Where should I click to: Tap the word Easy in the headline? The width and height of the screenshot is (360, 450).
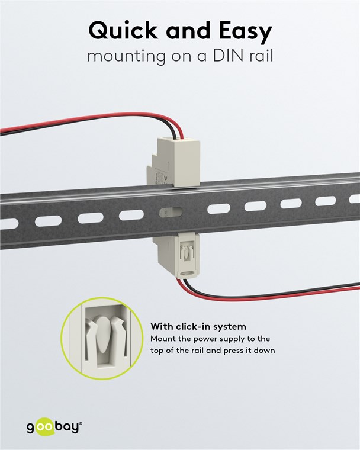[x=242, y=31]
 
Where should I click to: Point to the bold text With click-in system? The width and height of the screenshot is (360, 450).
[x=198, y=326]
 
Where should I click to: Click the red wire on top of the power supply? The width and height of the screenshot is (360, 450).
[x=89, y=122]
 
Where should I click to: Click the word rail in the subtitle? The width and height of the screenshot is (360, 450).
[x=258, y=57]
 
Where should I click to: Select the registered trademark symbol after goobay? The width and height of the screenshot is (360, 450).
[x=81, y=423]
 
